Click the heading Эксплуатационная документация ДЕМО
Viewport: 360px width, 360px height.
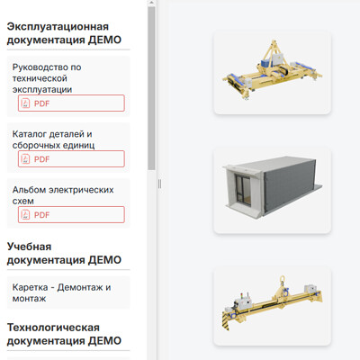(x=64, y=33)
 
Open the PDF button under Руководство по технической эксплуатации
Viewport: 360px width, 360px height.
(x=71, y=103)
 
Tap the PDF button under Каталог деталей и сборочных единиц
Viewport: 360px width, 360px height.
(x=71, y=159)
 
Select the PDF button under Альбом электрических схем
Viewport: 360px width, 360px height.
(x=71, y=215)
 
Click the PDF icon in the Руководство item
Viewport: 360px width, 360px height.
(x=25, y=103)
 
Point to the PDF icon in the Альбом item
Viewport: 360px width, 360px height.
(x=25, y=215)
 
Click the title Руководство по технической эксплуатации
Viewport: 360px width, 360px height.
(x=47, y=78)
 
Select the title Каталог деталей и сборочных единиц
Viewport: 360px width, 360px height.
(x=53, y=139)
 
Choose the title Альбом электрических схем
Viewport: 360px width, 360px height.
(x=63, y=195)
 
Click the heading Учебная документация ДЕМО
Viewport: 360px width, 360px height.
(x=64, y=253)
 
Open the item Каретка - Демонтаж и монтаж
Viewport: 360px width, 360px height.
(x=61, y=292)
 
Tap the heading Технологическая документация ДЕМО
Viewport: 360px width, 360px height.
(x=64, y=334)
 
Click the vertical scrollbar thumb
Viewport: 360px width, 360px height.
(x=151, y=88)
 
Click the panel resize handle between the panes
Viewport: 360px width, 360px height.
(x=159, y=184)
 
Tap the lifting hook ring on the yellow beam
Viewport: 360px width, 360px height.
(x=282, y=280)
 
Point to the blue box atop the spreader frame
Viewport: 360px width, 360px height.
(x=266, y=63)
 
